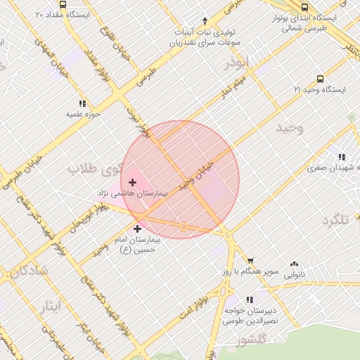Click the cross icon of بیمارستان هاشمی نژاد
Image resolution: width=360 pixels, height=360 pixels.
(132, 182)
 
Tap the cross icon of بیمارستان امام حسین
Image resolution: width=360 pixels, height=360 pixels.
(137, 229)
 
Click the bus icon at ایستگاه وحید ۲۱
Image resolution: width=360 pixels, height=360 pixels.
(321, 79)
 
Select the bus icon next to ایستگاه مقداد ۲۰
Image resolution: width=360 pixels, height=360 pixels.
(63, 4)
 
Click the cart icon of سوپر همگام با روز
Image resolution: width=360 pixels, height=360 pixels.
(251, 261)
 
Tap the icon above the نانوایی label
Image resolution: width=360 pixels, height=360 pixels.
(294, 265)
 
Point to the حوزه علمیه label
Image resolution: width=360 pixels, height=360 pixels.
(85, 113)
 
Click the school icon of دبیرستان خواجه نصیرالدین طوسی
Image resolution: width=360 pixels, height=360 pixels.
(250, 300)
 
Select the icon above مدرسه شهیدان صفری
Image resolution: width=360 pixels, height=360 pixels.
(342, 157)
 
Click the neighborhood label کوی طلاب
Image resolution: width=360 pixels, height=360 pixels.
(94, 169)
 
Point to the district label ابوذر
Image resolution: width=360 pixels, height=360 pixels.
(237, 64)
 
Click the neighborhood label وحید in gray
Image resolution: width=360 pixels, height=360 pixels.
(289, 128)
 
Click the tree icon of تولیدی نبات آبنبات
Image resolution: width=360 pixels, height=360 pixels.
(205, 20)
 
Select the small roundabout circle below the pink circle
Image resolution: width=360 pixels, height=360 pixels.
(183, 226)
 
